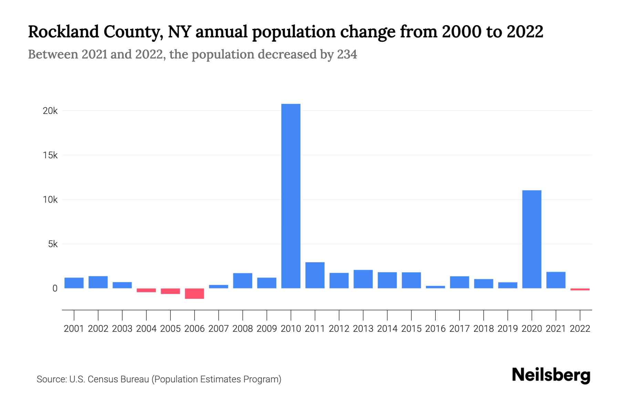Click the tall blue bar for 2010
point(291,196)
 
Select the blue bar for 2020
point(531,239)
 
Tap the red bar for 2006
point(194,294)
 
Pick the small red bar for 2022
point(580,289)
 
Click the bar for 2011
point(315,275)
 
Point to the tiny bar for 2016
point(435,287)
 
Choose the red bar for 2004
point(146,290)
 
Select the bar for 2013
point(363,279)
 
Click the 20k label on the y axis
point(50,111)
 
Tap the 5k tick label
point(53,244)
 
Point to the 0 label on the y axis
point(55,289)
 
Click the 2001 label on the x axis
point(74,329)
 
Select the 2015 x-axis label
point(411,329)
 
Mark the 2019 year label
point(508,329)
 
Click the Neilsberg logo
point(551,375)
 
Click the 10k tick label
point(50,200)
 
